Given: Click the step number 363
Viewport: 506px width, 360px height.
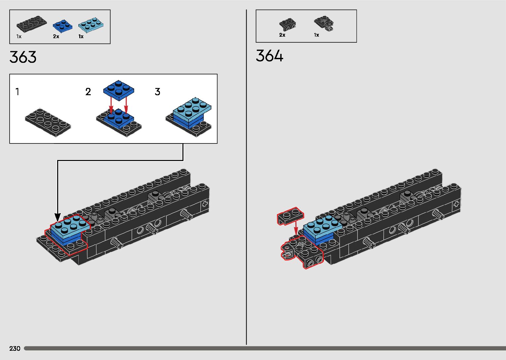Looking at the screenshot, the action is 23,57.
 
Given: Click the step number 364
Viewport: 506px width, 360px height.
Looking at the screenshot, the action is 269,56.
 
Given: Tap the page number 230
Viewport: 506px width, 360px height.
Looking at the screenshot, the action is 15,348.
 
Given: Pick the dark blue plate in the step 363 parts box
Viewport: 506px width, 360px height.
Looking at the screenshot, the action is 63,25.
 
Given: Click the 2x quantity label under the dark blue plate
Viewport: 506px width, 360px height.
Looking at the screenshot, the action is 56,36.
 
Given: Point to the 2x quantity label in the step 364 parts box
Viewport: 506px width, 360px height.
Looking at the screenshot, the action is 282,35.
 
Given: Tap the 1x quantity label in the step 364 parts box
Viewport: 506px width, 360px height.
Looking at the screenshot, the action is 316,35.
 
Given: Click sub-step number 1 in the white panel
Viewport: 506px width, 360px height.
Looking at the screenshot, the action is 18,92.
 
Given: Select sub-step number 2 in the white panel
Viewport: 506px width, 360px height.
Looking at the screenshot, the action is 88,92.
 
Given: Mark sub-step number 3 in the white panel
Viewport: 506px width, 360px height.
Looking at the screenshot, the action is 157,92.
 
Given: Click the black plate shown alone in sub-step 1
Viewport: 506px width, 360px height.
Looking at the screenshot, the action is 48,121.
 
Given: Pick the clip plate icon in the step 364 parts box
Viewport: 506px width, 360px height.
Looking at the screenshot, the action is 324,23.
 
